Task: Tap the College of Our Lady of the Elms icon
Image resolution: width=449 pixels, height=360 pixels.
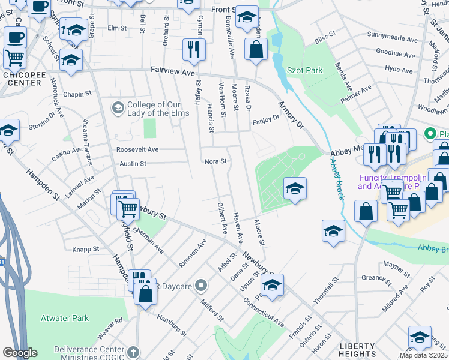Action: coord(118,107)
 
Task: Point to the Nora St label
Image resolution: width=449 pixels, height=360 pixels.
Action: coord(215,161)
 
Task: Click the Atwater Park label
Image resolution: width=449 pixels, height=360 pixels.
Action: coord(65,318)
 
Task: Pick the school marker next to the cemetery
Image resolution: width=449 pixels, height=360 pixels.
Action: coord(295,188)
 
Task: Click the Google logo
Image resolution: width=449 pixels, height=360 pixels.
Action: coord(20,353)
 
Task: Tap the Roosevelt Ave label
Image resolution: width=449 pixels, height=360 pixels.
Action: coord(137,149)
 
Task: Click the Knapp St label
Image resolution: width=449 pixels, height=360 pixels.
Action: coord(86,248)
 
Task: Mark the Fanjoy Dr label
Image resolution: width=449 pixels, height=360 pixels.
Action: coord(265,118)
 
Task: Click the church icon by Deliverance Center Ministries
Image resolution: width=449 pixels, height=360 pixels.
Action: coord(133,353)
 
